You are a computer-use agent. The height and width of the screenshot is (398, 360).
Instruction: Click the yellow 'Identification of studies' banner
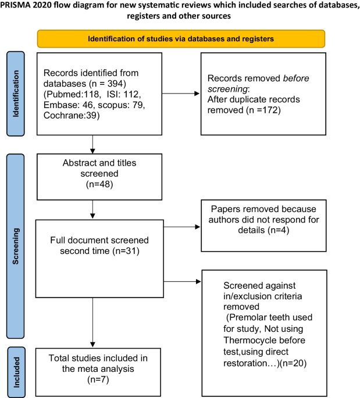pyautogui.click(x=180, y=38)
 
